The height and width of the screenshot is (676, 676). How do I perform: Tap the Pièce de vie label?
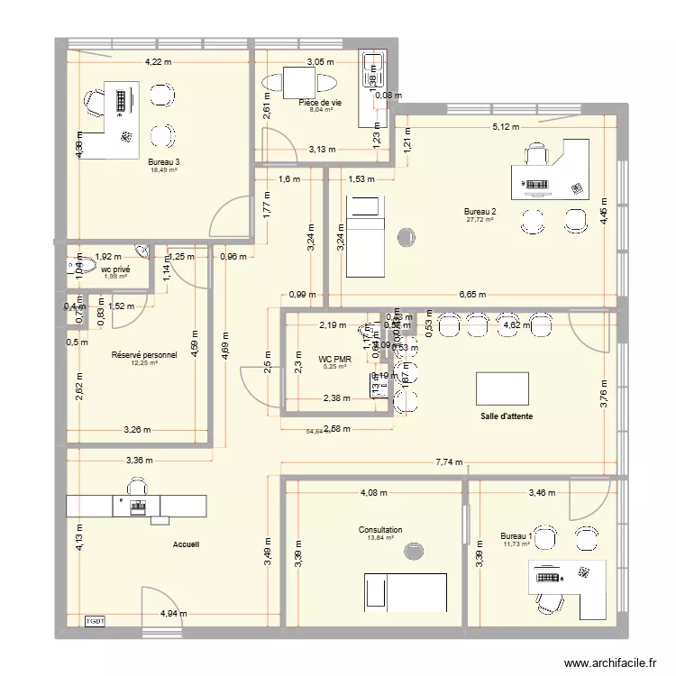320,104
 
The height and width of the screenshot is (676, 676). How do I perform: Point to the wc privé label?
114,269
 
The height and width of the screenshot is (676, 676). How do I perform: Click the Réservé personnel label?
143,355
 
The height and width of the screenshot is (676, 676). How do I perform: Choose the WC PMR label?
333,359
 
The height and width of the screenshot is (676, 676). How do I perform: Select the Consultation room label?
380,531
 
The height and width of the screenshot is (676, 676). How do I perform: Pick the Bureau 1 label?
517,536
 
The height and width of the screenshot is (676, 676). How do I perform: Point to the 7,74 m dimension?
448,462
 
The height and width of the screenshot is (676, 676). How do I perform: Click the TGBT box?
96,621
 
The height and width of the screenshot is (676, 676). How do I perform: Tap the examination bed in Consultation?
405,591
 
